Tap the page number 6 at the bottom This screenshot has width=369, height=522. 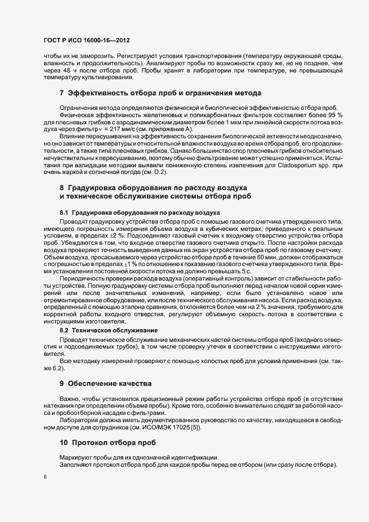point(45,477)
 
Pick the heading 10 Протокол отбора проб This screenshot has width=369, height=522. point(107,443)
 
